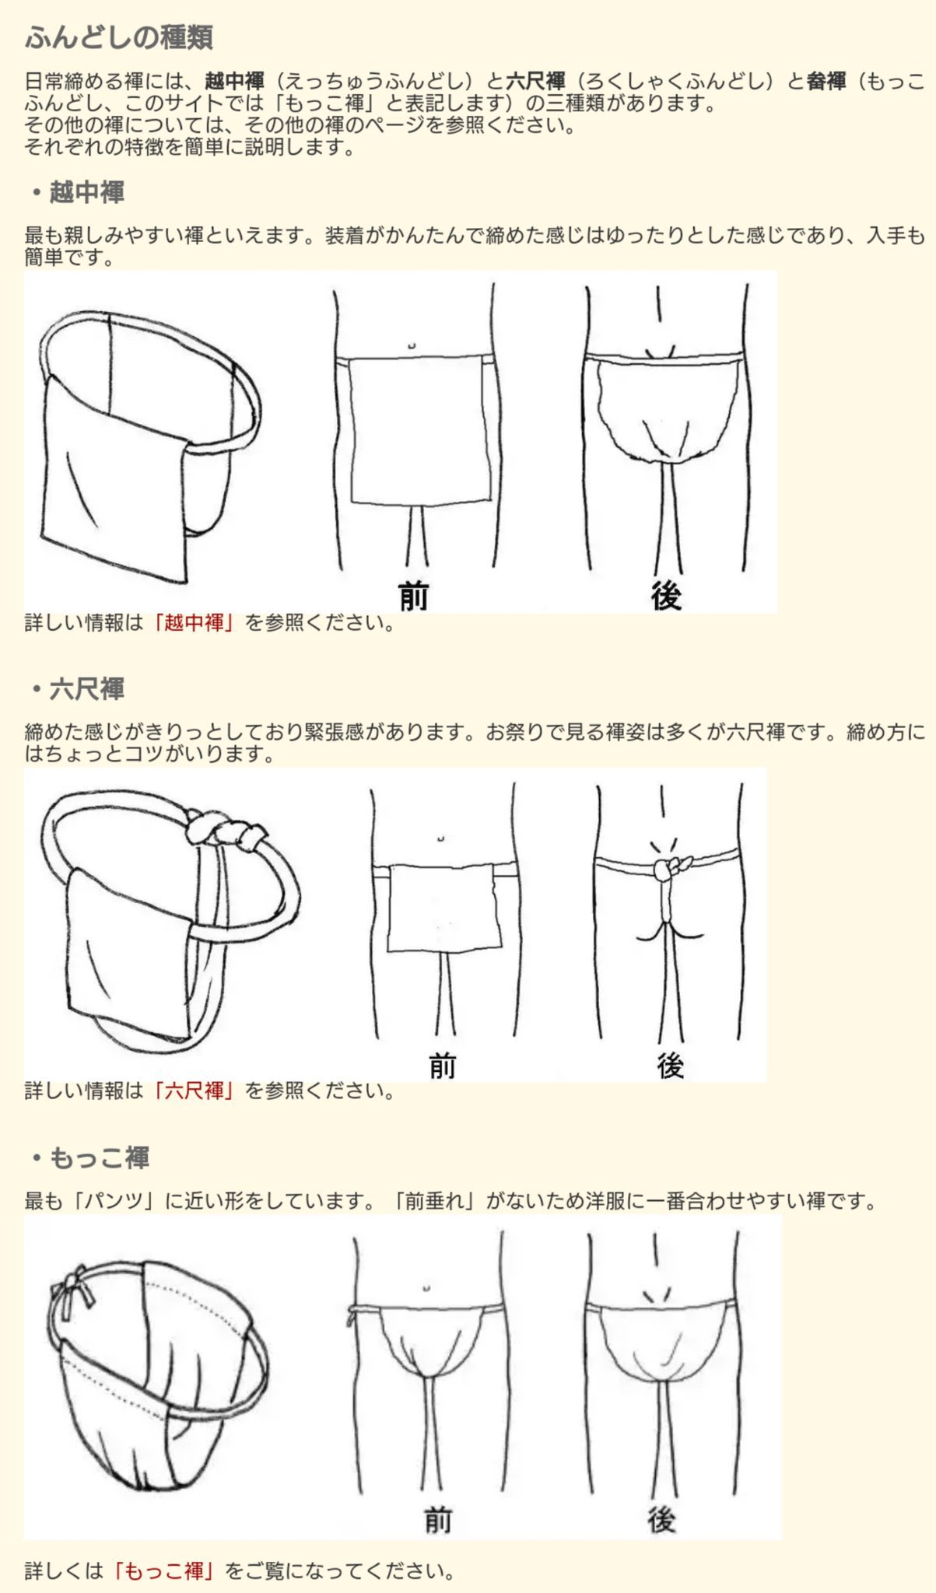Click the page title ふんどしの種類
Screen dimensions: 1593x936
[119, 37]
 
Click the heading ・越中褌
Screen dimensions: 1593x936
[79, 192]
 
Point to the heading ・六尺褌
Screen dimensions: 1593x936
[79, 689]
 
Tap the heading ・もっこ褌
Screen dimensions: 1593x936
[92, 1158]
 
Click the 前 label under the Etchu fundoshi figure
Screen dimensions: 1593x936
[414, 596]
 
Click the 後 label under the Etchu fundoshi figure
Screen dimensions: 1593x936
[666, 596]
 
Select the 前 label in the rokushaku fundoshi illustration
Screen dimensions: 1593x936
[442, 1066]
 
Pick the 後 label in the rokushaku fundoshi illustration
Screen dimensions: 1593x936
[669, 1066]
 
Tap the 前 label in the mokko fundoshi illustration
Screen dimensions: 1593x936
[438, 1519]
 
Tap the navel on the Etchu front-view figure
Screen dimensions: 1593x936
[412, 345]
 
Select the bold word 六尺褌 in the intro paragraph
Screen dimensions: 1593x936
[535, 81]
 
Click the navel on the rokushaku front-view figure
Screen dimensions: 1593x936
[440, 839]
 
